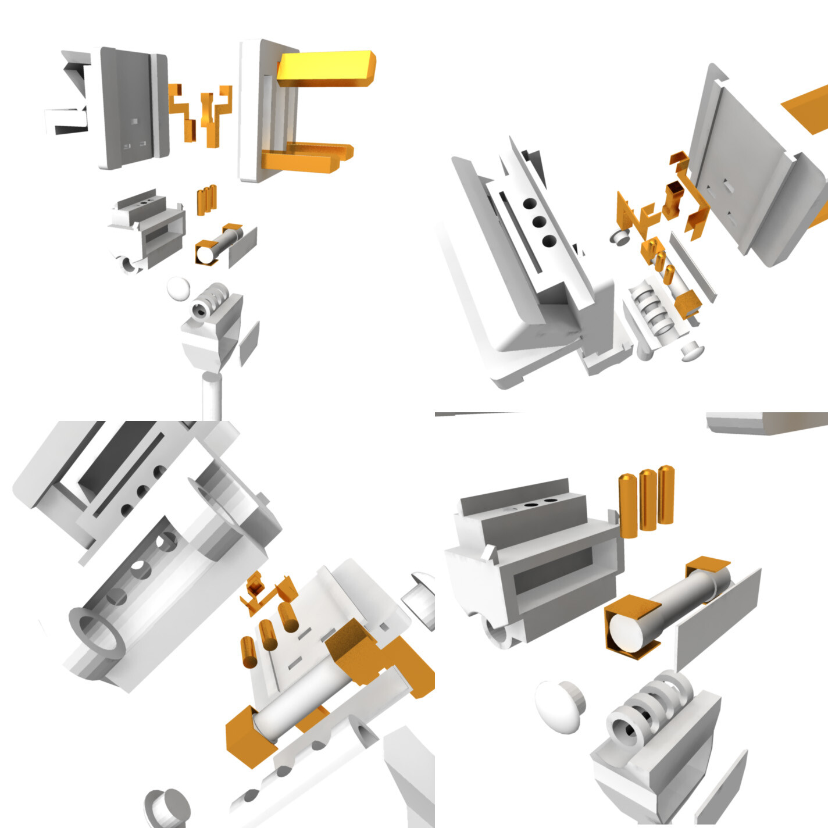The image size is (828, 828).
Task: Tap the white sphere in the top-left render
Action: (x=178, y=288)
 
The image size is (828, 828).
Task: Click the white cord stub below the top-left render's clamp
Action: (x=211, y=395)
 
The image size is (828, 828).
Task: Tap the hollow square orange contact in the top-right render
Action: (x=673, y=195)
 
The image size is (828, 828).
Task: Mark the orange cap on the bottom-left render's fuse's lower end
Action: (x=250, y=736)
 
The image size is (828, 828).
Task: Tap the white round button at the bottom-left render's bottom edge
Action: (x=167, y=808)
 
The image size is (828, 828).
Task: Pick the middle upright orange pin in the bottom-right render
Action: (x=648, y=500)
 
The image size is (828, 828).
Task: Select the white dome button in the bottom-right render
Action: (x=558, y=706)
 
